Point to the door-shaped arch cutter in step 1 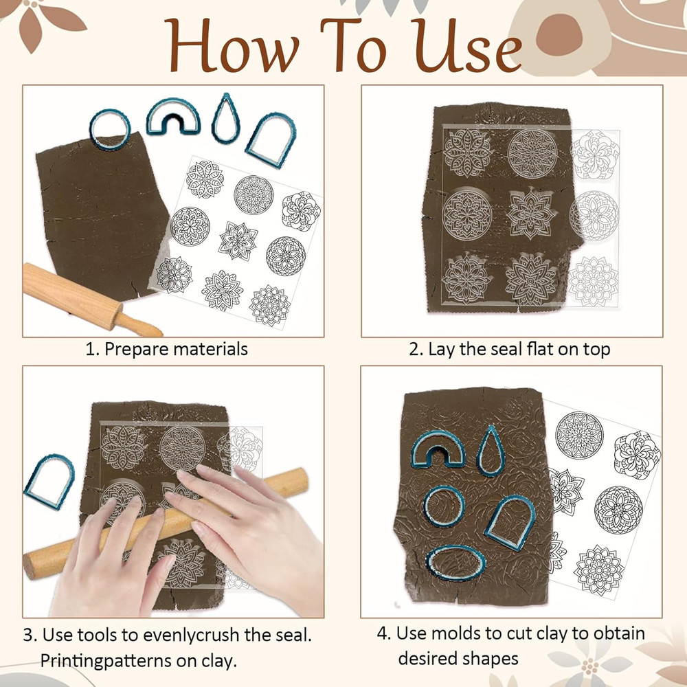pos(272,140)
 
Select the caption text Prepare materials pos(175,349)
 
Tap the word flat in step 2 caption pos(541,349)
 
